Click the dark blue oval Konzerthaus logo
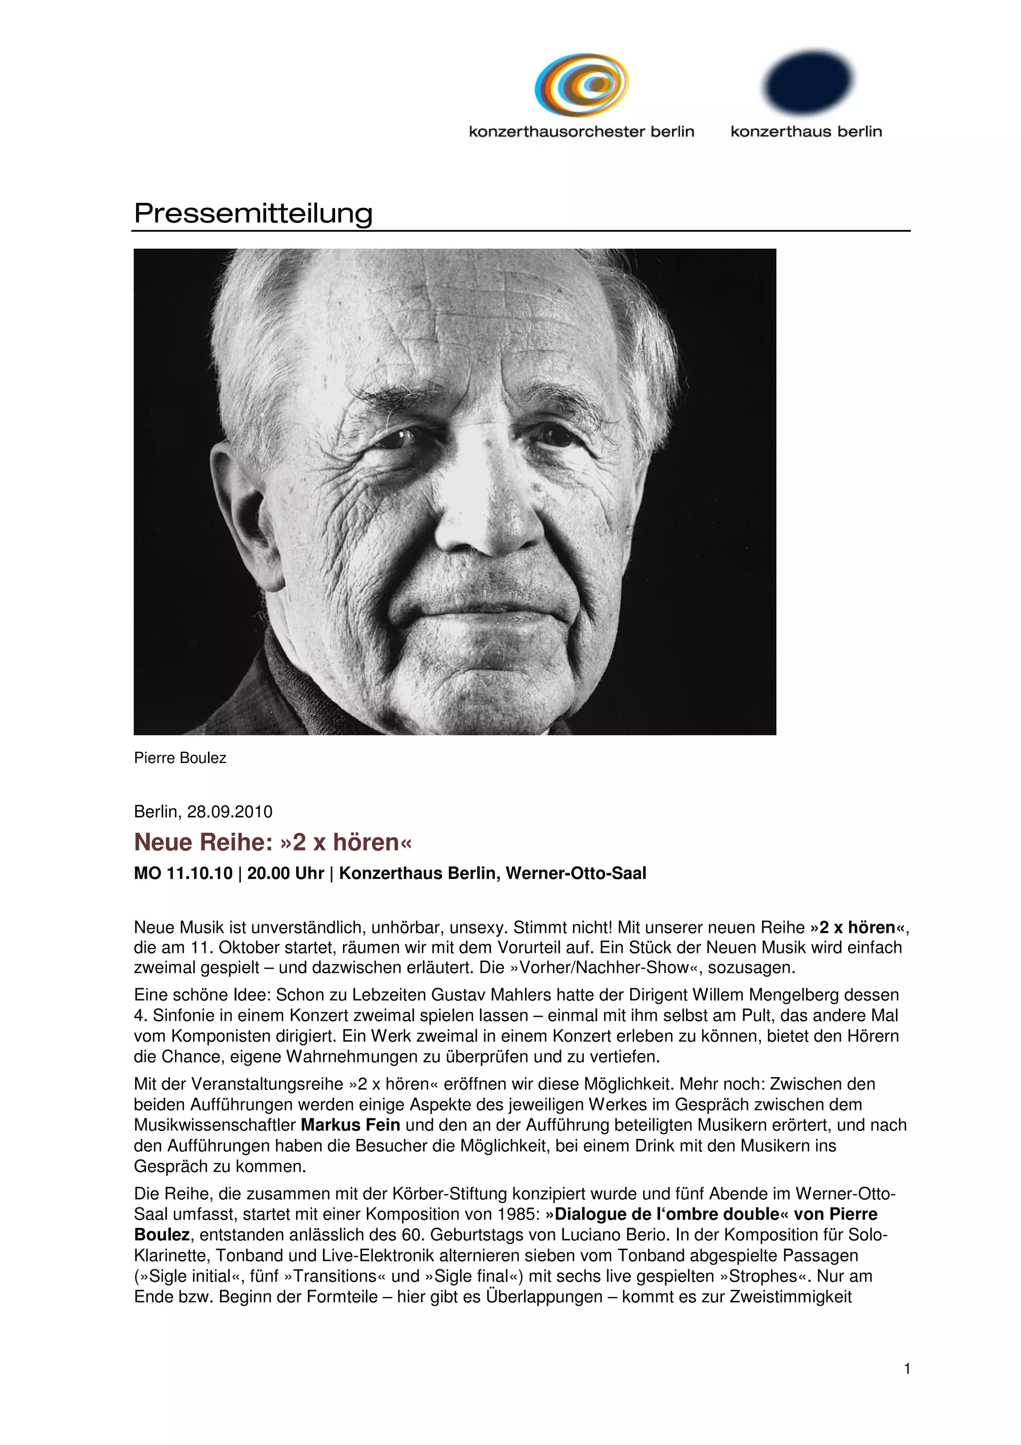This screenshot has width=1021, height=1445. (807, 81)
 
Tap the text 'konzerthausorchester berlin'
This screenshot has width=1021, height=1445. (581, 132)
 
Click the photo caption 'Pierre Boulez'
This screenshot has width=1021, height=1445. (180, 758)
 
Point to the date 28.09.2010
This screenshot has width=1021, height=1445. (230, 812)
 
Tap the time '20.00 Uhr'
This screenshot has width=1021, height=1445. (286, 874)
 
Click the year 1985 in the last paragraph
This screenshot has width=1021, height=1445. (514, 1214)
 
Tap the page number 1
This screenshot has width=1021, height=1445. (906, 1368)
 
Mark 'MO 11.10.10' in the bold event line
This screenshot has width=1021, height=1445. (183, 874)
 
